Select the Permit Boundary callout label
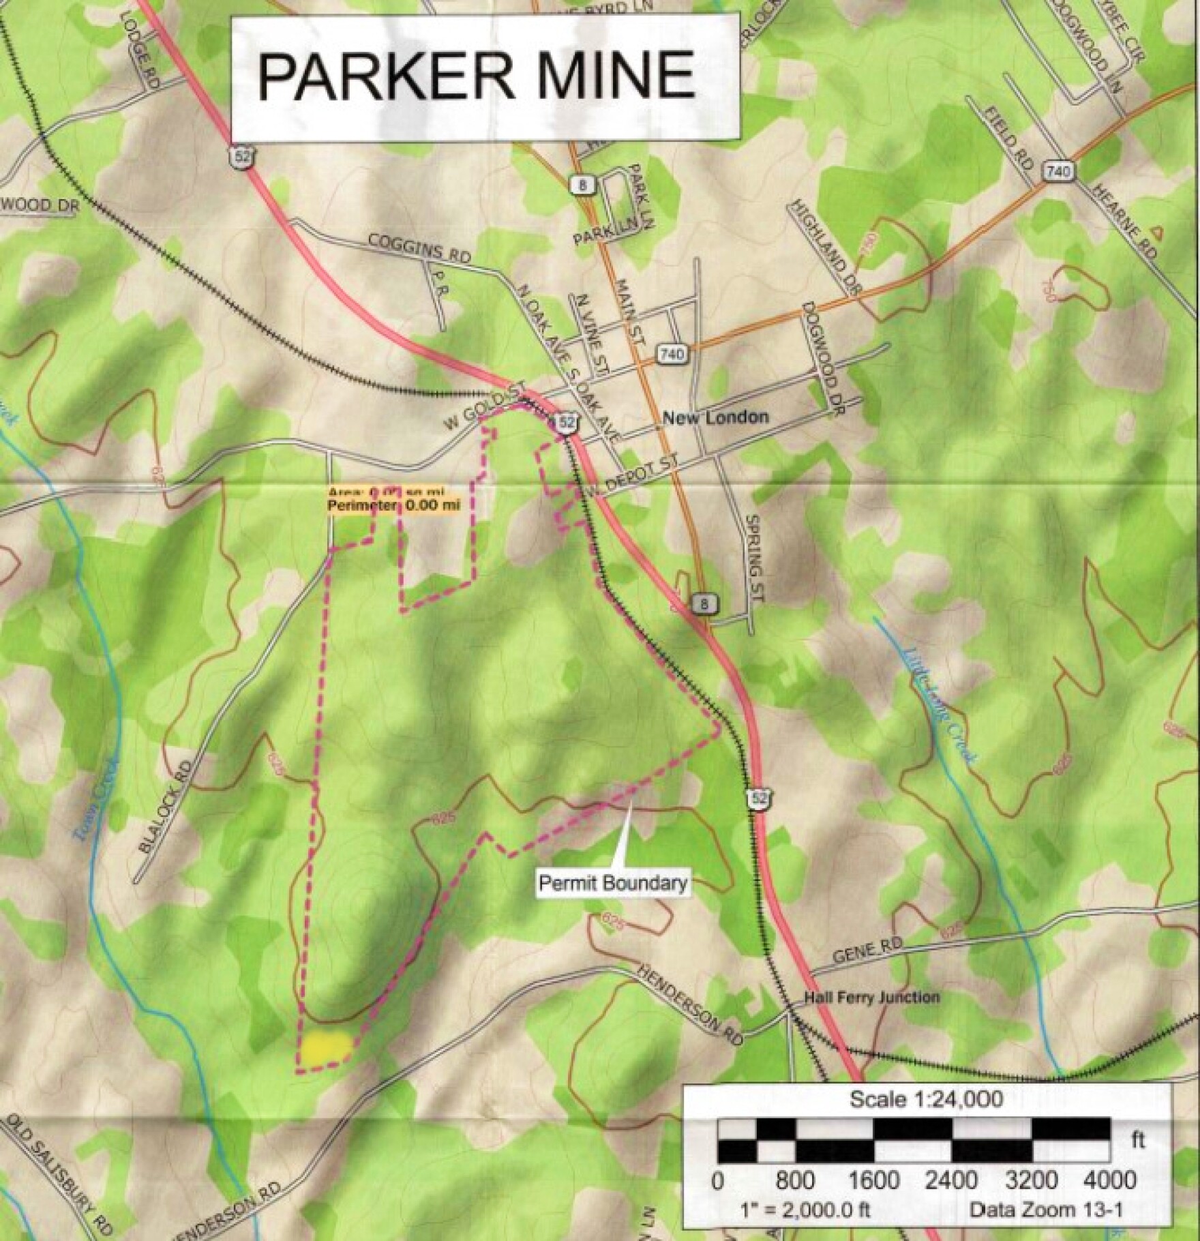point(612,883)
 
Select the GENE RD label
point(868,953)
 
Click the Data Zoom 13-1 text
point(1046,1211)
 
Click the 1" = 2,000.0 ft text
point(805,1211)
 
